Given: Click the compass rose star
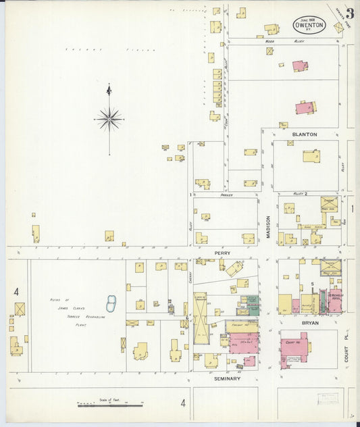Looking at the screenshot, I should (109, 119).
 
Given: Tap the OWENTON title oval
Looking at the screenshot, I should (309, 25).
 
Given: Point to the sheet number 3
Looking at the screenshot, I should (350, 13).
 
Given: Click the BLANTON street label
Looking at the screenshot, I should (304, 134).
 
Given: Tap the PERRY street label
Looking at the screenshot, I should (223, 253).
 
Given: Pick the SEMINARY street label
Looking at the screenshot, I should (226, 379).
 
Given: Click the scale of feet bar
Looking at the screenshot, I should (109, 405).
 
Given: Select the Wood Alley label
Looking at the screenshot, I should (269, 41).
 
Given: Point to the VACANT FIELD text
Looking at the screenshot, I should (110, 49).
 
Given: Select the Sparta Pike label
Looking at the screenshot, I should (340, 16).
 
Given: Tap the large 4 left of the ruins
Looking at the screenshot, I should (16, 292).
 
